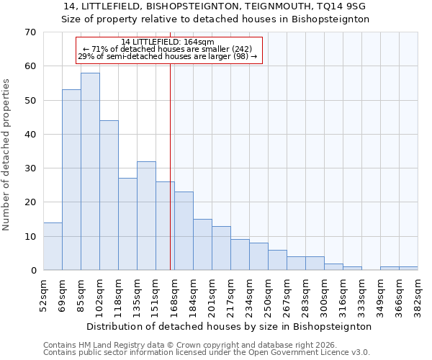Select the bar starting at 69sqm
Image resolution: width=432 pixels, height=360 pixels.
click(71, 180)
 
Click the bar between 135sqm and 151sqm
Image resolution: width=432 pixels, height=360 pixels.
click(146, 216)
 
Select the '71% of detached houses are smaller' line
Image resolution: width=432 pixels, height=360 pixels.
click(168, 49)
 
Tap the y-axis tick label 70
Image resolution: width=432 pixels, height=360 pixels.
click(30, 32)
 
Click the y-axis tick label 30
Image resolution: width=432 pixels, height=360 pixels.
click(30, 168)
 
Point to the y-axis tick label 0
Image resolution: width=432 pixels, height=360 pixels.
click(33, 271)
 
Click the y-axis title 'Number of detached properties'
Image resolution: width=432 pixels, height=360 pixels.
click(6, 155)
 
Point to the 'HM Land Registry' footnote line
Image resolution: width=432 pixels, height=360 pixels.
click(194, 345)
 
